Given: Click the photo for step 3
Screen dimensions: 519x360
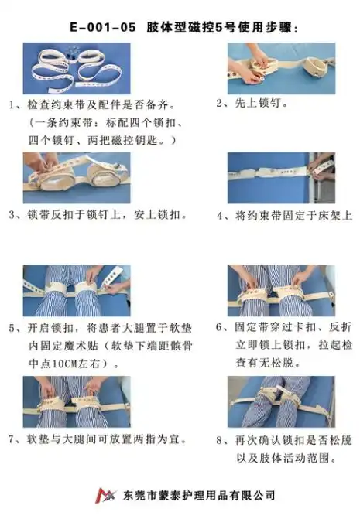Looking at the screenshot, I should [77, 177].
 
